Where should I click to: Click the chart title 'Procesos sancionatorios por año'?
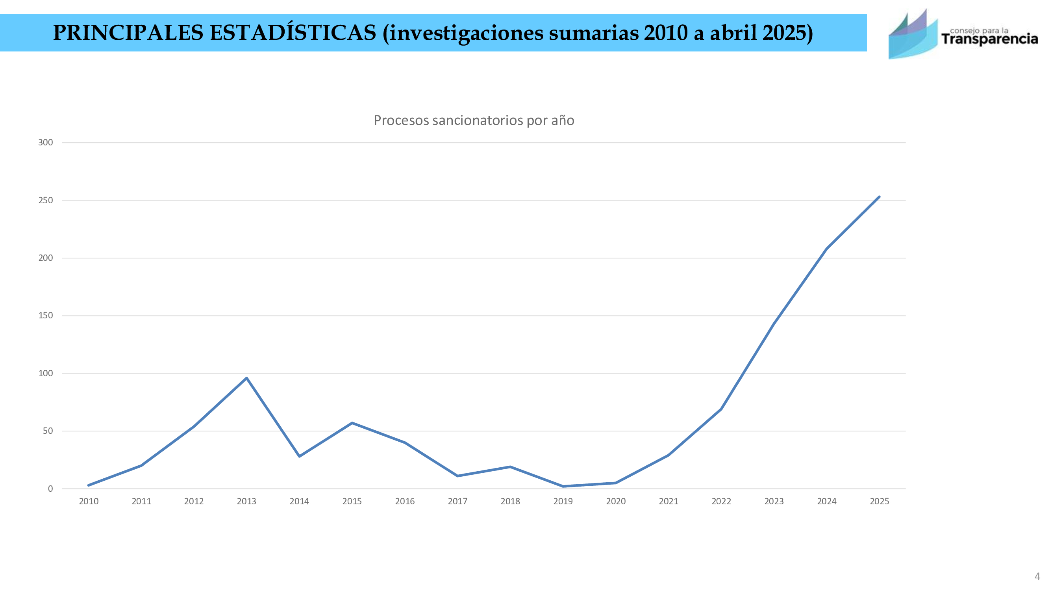point(474,120)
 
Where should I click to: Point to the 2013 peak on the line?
point(246,378)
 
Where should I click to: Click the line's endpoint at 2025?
point(879,197)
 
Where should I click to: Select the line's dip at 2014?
point(300,456)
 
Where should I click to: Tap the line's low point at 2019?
point(563,486)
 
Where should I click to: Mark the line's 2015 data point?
point(352,423)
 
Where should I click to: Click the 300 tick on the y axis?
point(46,142)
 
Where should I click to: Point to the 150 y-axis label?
point(46,315)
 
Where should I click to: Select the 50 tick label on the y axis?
point(48,431)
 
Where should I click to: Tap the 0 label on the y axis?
point(50,489)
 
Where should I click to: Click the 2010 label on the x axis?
point(89,501)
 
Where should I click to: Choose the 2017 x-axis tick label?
point(457,501)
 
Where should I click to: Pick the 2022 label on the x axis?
point(721,501)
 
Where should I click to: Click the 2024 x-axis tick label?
point(827,501)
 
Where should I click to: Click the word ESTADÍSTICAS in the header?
point(293,33)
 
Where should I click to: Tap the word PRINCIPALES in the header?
point(128,33)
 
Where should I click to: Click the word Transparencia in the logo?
point(990,39)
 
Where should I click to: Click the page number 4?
point(1037,576)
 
